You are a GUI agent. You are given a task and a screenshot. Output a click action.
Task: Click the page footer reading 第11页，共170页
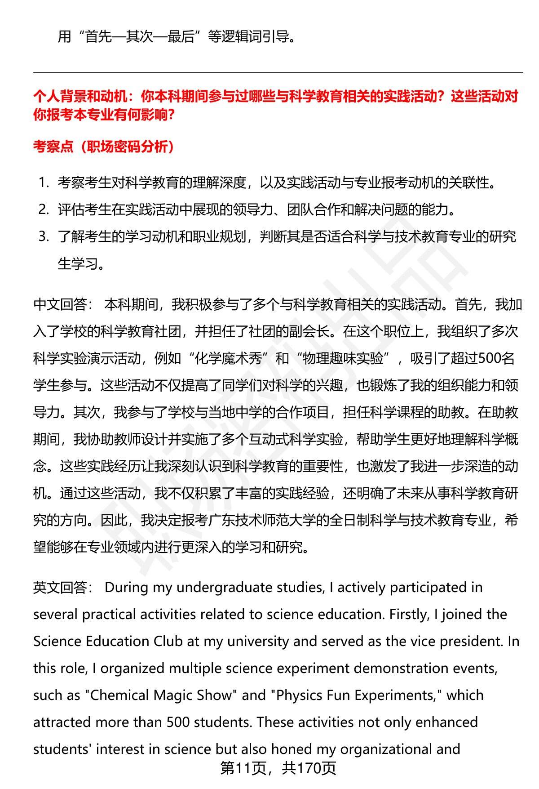pos(278,768)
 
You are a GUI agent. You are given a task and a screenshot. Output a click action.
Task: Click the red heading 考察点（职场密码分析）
pos(104,146)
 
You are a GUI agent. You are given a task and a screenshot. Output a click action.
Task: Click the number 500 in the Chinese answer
pos(489,358)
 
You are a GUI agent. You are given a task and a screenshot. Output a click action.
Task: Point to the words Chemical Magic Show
pos(161,695)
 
